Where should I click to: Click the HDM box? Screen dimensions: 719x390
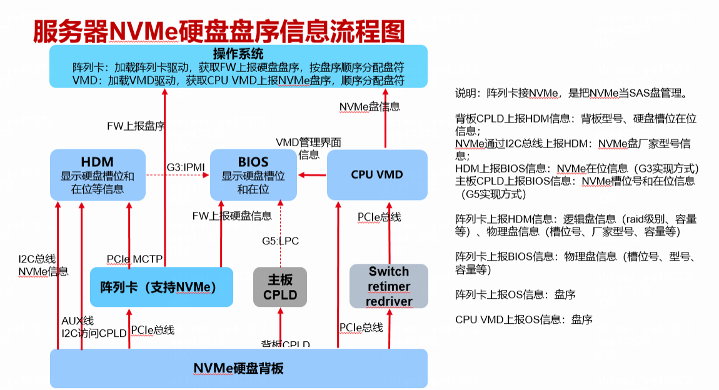[x=98, y=174]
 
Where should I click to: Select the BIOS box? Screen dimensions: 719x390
[x=253, y=174]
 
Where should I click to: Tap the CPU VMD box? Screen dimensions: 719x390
[x=377, y=174]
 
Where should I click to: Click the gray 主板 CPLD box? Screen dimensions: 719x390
[x=280, y=287]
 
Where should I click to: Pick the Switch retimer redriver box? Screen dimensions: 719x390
[x=389, y=286]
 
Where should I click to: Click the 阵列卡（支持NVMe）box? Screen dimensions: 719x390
[x=161, y=287]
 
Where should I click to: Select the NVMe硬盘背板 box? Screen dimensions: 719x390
[x=238, y=368]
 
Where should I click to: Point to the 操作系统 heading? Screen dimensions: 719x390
[x=238, y=54]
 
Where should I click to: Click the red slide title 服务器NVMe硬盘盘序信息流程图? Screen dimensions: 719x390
[x=219, y=31]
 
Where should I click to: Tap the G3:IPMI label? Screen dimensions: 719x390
[x=185, y=167]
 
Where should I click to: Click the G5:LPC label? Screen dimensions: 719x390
[x=280, y=241]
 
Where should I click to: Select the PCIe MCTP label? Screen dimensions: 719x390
[x=134, y=259]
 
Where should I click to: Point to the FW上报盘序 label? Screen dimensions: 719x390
[x=136, y=126]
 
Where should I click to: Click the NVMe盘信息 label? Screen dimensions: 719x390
[x=370, y=107]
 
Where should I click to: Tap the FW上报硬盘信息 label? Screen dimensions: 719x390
[x=232, y=216]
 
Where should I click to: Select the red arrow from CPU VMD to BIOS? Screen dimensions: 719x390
[x=312, y=174]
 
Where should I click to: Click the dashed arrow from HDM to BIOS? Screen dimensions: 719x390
[x=178, y=174]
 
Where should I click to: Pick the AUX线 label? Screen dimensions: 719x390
[x=78, y=321]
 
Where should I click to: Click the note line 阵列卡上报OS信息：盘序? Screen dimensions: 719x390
[x=515, y=294]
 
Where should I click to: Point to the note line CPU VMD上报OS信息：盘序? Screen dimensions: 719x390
[x=524, y=319]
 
